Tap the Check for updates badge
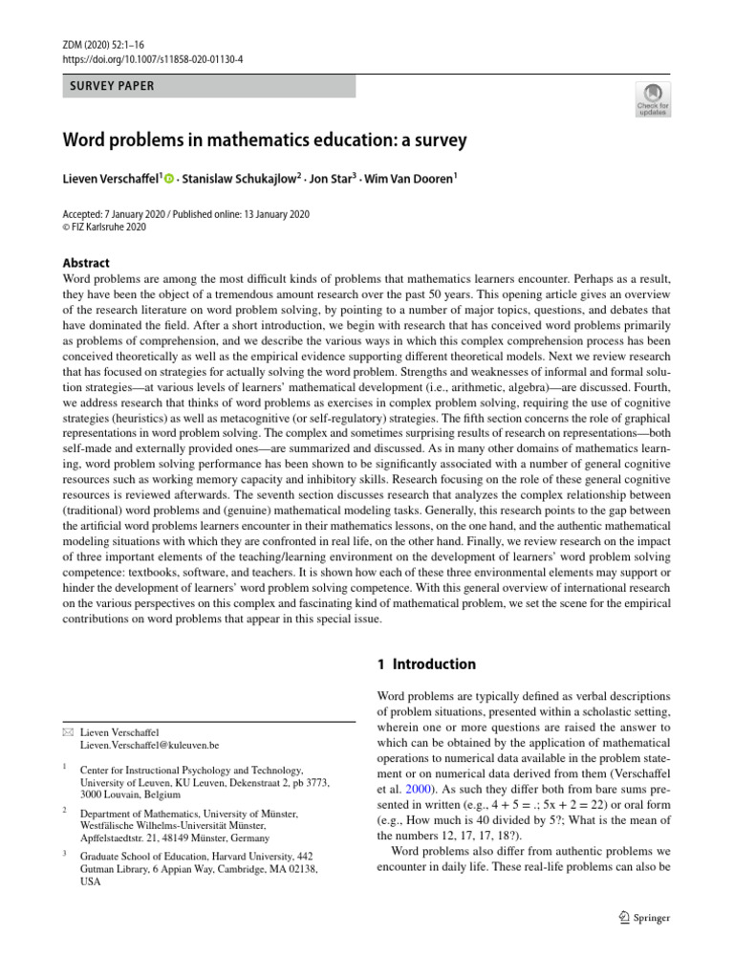click(654, 98)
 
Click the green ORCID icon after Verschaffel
click(170, 179)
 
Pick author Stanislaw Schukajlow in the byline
click(229, 178)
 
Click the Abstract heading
click(86, 263)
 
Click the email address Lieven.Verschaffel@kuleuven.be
click(150, 744)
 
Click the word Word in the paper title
click(84, 141)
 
